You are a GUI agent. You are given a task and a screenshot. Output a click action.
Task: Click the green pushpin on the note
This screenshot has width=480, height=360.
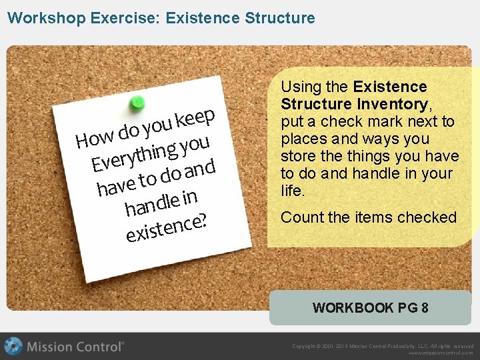point(137,102)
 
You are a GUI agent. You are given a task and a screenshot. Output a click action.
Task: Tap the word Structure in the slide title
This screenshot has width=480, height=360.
point(279,18)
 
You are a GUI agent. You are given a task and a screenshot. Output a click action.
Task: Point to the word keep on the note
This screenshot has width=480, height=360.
point(195,118)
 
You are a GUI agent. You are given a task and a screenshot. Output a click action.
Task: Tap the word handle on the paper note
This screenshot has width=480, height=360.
point(152,205)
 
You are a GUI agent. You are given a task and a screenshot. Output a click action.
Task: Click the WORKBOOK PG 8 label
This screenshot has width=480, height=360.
point(370,308)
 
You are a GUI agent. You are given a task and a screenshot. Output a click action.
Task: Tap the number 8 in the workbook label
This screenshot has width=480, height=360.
point(425,308)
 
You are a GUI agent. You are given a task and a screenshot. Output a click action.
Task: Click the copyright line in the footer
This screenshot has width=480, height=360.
point(383,346)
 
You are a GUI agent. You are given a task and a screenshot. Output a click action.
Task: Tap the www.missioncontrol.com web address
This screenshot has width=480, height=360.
point(441,353)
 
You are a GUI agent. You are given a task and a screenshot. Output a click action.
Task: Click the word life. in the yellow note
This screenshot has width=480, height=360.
point(294,191)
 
